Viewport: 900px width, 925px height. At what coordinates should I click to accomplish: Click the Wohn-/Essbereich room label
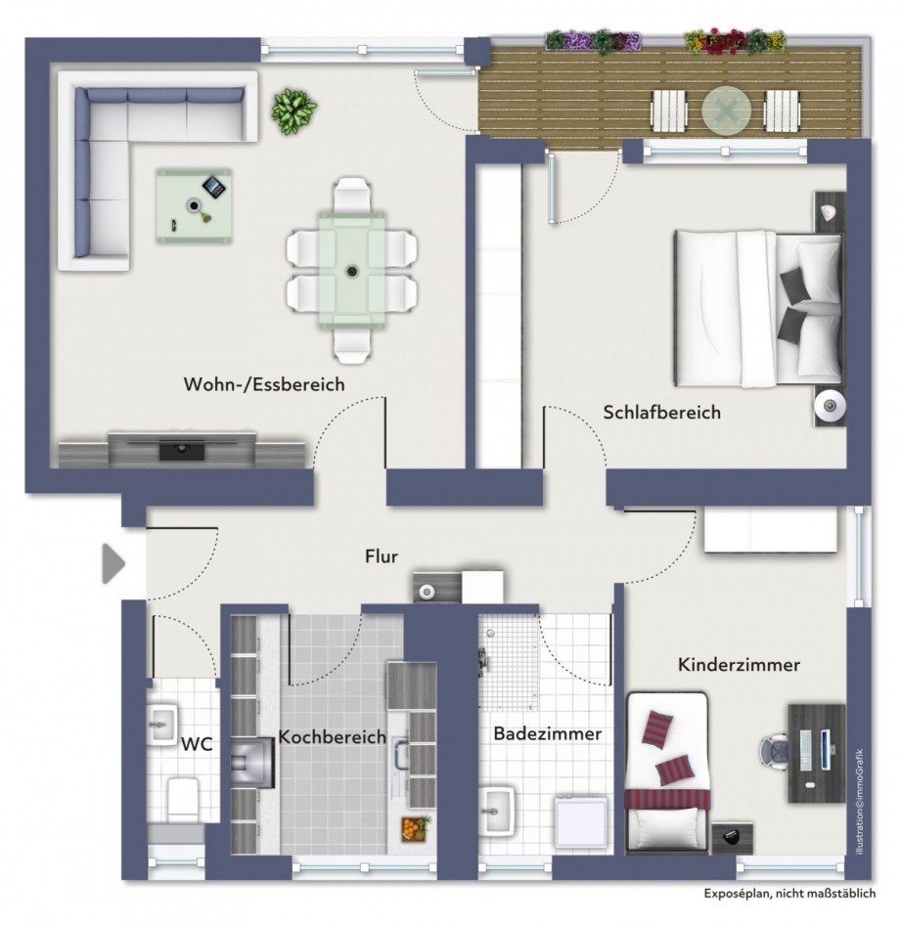coord(264,384)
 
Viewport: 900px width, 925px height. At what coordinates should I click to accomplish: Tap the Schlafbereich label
coord(661,413)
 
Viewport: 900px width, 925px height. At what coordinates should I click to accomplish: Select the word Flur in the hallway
coord(381,556)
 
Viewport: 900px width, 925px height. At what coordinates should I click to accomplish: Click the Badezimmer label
coord(547,733)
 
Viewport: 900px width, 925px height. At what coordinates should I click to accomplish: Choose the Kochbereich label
coord(332,736)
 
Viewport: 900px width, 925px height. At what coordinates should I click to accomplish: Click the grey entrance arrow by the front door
coord(113,564)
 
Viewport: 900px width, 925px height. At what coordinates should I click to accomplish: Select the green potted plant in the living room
coord(293,110)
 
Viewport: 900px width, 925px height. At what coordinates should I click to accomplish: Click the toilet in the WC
coord(182,797)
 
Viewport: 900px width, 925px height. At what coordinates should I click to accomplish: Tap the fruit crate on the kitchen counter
coord(415,829)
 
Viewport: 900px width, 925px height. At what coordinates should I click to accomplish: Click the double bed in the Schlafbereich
coord(758,307)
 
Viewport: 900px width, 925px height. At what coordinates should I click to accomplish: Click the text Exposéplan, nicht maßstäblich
coord(789,894)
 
